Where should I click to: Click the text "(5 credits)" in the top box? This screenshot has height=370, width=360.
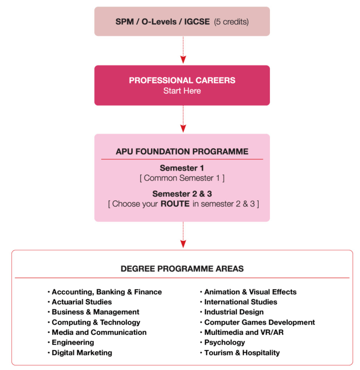coord(231,22)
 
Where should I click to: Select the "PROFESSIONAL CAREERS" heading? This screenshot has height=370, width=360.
coord(182,80)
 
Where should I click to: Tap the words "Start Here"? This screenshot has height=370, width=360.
coord(182,91)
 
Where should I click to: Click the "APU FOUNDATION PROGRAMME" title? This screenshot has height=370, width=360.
coord(182,151)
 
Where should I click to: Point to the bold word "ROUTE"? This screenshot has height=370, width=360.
coord(175,204)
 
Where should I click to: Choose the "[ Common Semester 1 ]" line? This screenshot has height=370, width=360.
coord(182,178)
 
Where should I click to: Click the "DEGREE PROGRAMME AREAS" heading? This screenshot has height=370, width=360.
coord(182,269)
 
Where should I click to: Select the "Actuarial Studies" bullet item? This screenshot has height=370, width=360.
coord(82,302)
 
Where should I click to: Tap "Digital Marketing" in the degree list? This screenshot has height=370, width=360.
coord(82,353)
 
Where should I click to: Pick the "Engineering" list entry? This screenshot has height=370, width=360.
coord(73,343)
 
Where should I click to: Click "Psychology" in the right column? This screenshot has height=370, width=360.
coord(224,343)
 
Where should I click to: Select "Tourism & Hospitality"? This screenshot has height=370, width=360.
coord(242,353)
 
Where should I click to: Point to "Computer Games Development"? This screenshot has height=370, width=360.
coord(260,322)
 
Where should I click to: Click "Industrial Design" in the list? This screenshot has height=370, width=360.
coord(234,312)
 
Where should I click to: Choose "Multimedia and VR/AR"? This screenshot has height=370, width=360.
coord(244,332)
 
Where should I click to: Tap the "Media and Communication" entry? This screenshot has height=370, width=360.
coord(99,332)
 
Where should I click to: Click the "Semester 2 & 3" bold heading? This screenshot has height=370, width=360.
coord(182,194)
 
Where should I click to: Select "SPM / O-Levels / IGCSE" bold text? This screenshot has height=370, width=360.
coord(163,22)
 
